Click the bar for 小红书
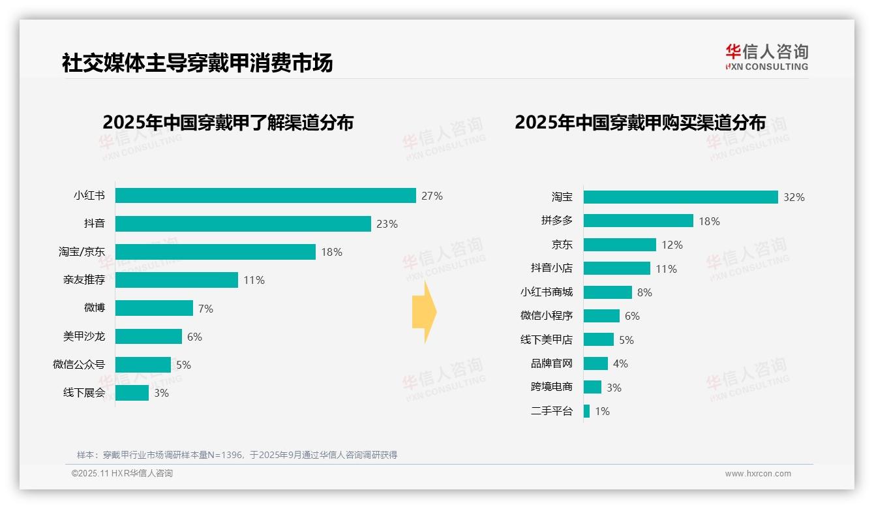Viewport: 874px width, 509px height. (265, 196)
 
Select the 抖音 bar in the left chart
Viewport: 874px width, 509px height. (243, 224)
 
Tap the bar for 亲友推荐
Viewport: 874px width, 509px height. (177, 280)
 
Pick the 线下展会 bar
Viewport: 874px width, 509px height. (132, 393)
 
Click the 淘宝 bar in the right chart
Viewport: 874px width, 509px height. (680, 197)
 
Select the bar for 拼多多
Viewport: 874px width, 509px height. (638, 221)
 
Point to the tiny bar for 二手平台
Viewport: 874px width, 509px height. (587, 411)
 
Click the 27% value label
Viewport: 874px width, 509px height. (432, 196)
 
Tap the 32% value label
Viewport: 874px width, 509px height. (794, 197)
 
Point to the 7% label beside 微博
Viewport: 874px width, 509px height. (205, 309)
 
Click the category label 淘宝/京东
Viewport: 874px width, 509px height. (82, 252)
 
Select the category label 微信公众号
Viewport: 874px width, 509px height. (79, 365)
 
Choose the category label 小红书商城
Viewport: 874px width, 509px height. (547, 292)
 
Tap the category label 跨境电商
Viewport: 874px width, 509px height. (552, 387)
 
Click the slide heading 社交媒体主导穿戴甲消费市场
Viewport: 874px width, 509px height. (197, 63)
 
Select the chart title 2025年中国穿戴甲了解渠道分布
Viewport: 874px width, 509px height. (228, 122)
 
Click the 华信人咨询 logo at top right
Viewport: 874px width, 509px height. (766, 57)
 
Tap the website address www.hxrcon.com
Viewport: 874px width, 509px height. (758, 474)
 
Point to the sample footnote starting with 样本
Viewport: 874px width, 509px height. (237, 455)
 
